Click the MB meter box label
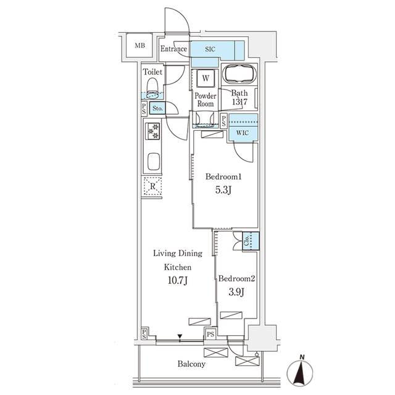point(139,45)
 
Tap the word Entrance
point(173,49)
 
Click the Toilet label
point(153,72)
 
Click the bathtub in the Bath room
point(240,75)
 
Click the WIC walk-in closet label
point(243,131)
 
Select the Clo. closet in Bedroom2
point(246,241)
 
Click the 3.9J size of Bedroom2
point(236,292)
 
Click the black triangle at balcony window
point(180,336)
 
